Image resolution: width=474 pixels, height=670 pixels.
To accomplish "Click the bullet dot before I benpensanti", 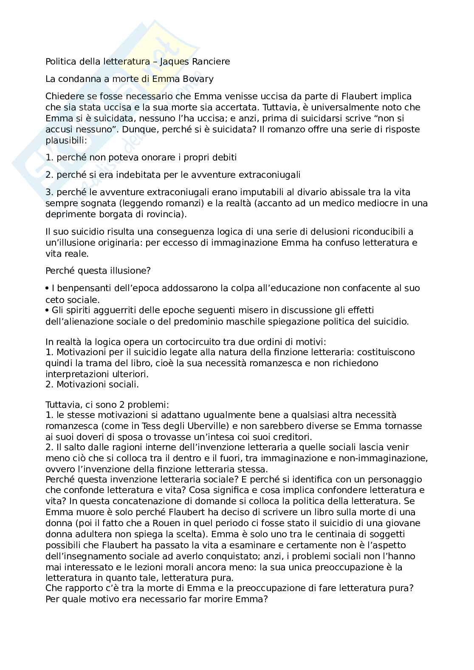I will [x=48, y=288].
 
